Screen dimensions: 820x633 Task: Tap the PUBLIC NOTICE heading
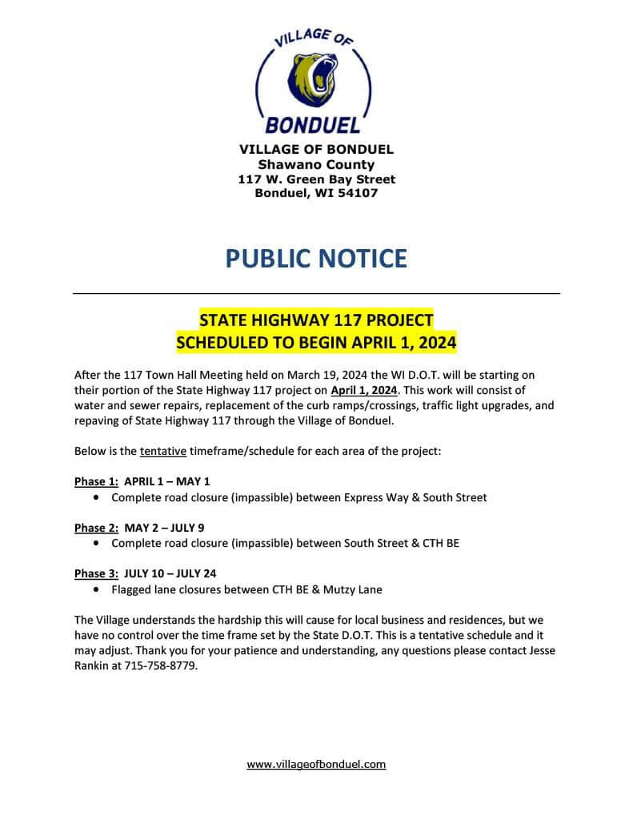tap(316, 258)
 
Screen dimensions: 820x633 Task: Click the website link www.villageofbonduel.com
tap(316, 764)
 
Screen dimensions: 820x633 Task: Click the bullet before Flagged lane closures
tap(97, 589)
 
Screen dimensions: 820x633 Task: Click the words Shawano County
tap(316, 165)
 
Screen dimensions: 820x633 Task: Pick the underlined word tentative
tap(163, 451)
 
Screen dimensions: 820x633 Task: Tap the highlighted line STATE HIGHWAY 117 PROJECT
tap(316, 320)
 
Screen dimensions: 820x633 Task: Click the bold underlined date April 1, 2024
tap(364, 391)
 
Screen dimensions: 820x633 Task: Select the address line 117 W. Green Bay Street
tap(316, 179)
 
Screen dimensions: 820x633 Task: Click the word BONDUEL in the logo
tap(313, 125)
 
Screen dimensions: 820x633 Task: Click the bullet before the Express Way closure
tap(97, 497)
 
